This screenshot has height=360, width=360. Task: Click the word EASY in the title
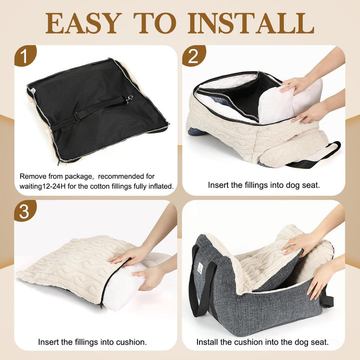(83, 23)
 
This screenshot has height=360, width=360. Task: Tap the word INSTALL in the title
(251, 23)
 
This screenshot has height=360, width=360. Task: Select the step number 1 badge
(25, 55)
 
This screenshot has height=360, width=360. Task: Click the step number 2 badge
(193, 55)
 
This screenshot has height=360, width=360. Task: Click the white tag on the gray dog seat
(200, 267)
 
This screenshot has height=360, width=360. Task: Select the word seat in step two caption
(311, 185)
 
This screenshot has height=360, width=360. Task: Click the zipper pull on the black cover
(58, 162)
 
